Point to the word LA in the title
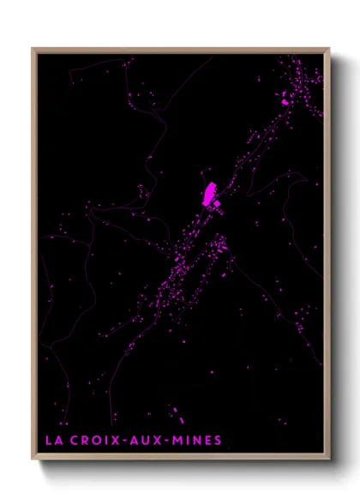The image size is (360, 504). click(x=52, y=441)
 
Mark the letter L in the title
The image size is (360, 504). click(x=48, y=441)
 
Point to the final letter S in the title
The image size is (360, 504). click(x=218, y=441)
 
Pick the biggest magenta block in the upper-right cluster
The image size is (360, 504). click(x=285, y=102)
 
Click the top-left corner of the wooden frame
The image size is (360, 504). click(x=33, y=49)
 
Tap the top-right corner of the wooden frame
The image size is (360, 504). click(x=329, y=49)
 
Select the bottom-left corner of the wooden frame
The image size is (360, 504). click(x=33, y=459)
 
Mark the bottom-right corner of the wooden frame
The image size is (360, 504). click(x=329, y=459)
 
